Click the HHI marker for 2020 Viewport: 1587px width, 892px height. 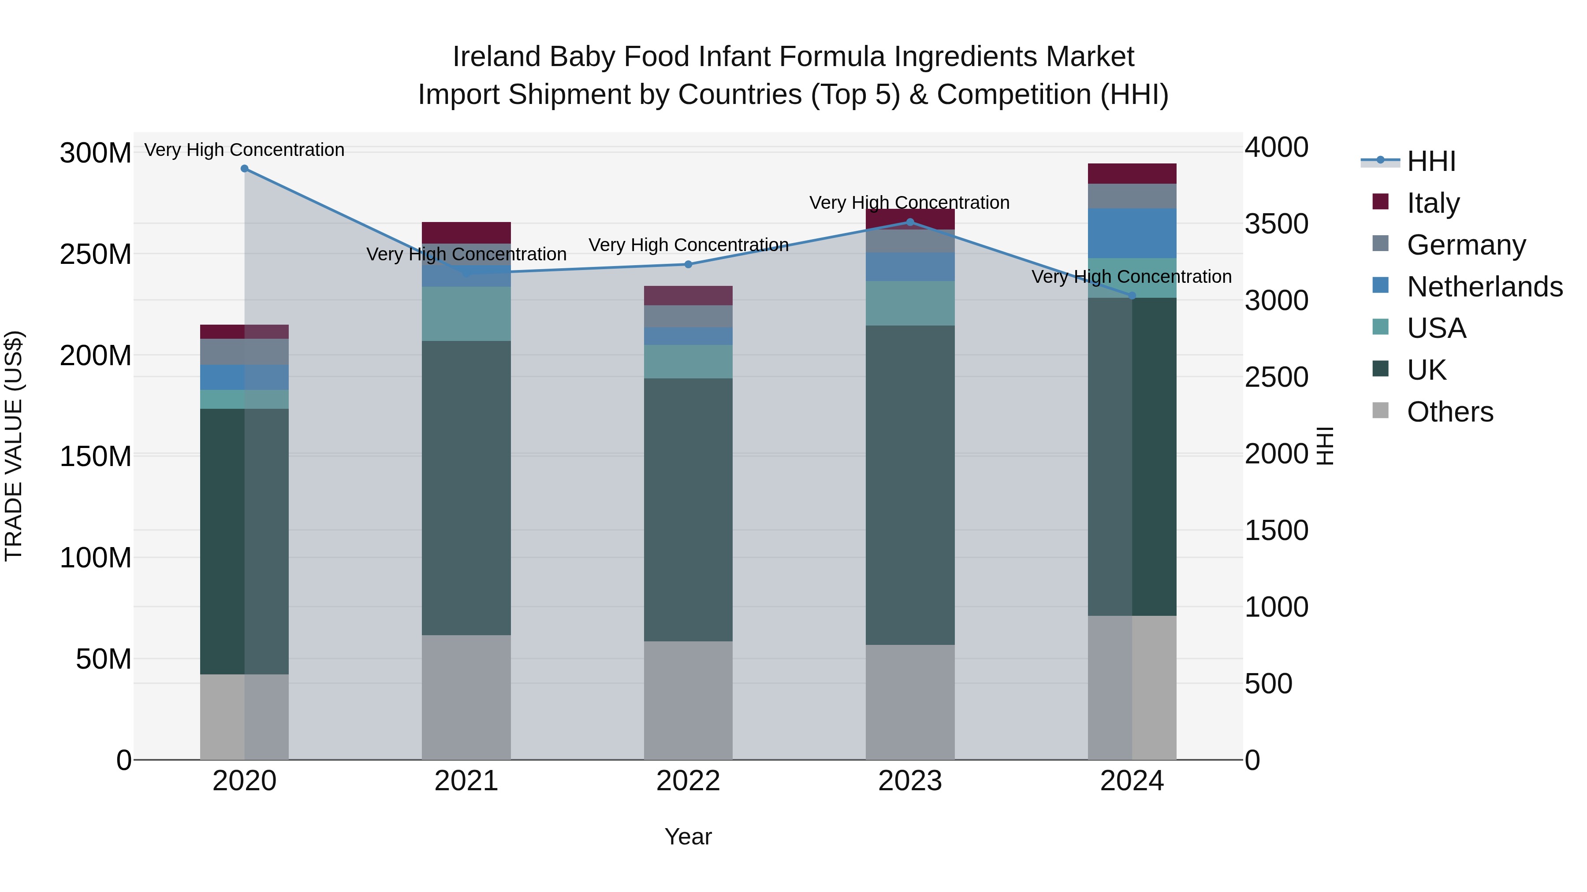[245, 169]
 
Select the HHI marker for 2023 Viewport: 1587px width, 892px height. [910, 222]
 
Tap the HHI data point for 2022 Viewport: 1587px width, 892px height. [688, 265]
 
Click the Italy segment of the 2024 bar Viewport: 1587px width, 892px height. [1132, 174]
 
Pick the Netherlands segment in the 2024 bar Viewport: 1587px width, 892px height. [1132, 233]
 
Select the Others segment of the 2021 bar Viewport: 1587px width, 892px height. [466, 697]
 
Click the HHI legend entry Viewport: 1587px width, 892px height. [1431, 161]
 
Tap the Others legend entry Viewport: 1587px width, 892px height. [1449, 412]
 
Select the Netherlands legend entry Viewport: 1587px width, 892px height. [1484, 287]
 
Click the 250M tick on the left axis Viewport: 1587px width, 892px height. [96, 254]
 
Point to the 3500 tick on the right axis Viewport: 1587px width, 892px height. [1276, 224]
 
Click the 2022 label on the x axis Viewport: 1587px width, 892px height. [688, 781]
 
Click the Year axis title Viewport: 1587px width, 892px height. [688, 836]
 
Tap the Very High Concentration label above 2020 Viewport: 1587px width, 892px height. [245, 150]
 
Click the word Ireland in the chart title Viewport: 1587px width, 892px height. [496, 57]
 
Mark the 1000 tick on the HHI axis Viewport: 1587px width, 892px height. [1276, 607]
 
